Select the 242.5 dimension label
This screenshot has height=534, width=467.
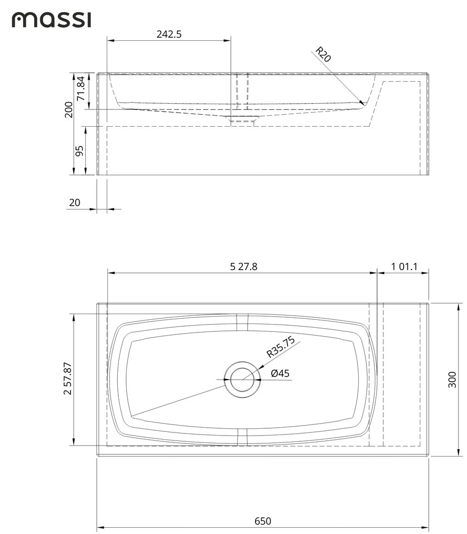[x=169, y=34]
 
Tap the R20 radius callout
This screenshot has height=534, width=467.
[x=323, y=54]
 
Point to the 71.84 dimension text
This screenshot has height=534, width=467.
[x=80, y=89]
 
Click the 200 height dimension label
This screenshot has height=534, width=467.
[x=69, y=110]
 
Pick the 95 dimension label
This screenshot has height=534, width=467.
[x=80, y=151]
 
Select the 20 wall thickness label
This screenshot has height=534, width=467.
[x=75, y=203]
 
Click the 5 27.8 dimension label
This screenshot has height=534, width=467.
[x=243, y=266]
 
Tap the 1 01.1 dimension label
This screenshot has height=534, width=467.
[x=404, y=266]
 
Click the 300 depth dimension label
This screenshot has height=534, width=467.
[x=453, y=379]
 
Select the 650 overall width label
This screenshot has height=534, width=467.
[x=263, y=521]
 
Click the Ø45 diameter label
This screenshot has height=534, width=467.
[x=280, y=373]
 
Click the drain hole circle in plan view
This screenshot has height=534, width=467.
[x=241, y=380]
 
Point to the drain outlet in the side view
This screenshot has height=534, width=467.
[x=241, y=123]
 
